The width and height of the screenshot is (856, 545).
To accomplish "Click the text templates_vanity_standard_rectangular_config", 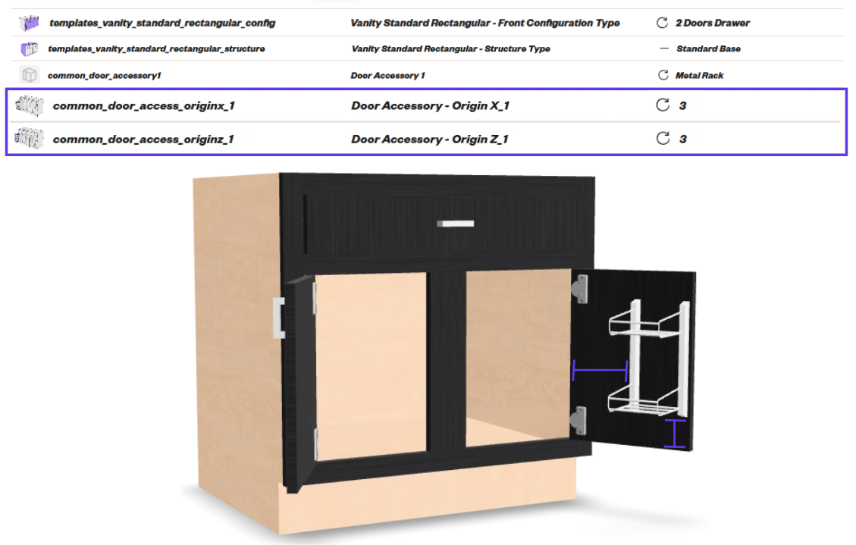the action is point(162,23).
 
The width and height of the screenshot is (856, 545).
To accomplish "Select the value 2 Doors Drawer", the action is point(713,23).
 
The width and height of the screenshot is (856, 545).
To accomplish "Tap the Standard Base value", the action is point(709,49).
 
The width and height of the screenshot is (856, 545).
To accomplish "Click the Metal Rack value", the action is point(699,75).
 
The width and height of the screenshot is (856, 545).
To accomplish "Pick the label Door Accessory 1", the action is point(387,75).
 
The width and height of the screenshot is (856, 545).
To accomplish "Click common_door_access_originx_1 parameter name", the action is point(143,106).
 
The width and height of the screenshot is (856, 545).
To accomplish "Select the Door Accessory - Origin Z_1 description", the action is point(430,139).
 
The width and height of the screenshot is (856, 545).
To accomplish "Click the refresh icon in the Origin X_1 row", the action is point(663,105).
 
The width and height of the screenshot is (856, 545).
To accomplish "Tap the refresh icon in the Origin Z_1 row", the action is point(663,139).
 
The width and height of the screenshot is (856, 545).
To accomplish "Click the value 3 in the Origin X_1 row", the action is point(682,106).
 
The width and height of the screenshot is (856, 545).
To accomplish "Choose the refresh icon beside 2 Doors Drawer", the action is point(662,23).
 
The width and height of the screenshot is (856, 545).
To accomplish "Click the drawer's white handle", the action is point(456,223).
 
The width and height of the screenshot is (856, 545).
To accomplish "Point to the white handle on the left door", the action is point(278,318).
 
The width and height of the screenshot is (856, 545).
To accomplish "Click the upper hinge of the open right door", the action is point(580,289).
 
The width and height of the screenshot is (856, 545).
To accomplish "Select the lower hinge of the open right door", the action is point(579,421).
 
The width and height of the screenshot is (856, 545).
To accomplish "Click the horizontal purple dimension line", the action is point(600,371).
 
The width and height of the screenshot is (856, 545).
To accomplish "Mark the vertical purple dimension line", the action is point(676,434).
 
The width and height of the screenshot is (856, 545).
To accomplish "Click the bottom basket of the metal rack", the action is point(644,400).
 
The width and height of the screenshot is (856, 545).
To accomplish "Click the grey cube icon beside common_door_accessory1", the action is point(30,75).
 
